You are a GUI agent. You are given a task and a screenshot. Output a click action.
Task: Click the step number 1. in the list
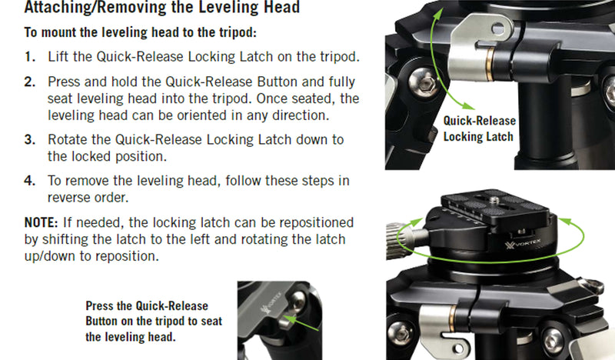coord(30,57)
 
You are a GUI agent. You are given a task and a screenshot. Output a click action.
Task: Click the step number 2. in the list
coord(30,82)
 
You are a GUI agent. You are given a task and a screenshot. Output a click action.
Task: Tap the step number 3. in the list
coord(30,140)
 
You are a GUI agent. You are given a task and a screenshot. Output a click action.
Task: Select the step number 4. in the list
coord(30,181)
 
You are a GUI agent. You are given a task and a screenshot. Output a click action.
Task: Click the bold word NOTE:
coord(42,222)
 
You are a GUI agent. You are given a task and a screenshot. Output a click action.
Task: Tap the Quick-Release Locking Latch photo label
coord(479,128)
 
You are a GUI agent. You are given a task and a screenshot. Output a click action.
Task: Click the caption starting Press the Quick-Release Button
coord(154,321)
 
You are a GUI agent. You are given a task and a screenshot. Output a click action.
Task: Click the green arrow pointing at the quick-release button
coord(301,323)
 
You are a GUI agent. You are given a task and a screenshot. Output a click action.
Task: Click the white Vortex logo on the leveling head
coord(523,244)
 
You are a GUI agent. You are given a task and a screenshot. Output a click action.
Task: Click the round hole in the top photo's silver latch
coord(498,28)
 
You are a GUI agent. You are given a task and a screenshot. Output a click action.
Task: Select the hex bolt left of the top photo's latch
coord(424,83)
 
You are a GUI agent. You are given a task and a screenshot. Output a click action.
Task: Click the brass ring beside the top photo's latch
coord(489,63)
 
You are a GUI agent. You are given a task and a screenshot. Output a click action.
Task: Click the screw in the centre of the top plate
coord(494,201)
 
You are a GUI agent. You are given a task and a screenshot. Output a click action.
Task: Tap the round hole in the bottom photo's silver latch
coord(457,348)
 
